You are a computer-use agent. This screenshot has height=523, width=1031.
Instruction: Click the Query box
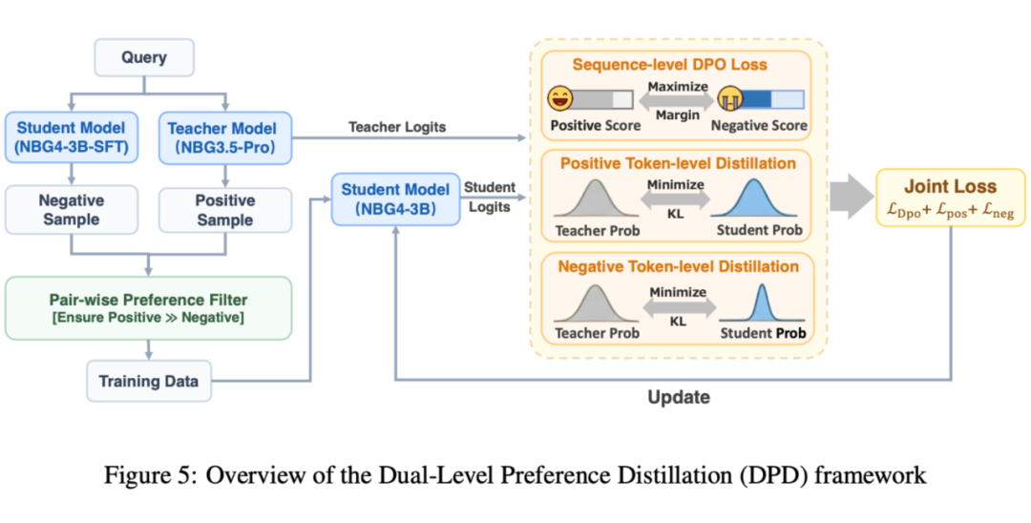tap(143, 57)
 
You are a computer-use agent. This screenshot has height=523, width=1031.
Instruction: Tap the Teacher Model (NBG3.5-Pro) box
tap(224, 137)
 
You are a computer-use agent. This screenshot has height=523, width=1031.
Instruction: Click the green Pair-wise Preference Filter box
tap(148, 307)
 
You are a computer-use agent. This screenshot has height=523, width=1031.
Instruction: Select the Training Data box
tap(149, 381)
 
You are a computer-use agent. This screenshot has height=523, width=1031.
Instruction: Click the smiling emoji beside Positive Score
tap(558, 97)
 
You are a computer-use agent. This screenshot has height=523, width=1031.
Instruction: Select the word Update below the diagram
tap(678, 397)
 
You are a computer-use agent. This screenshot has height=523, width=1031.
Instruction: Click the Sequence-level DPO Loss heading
tap(671, 65)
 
